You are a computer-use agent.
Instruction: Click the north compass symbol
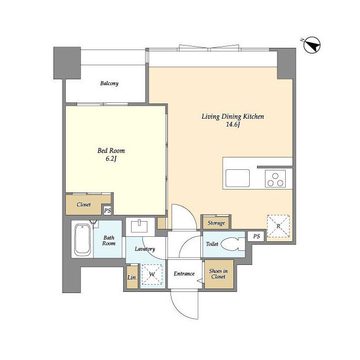pos(312,45)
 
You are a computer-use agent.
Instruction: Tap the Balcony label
pos(109,83)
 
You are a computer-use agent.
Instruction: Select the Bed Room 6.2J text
pos(111,155)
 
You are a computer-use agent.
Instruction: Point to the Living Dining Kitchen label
pos(233,116)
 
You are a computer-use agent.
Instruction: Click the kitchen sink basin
pos(237,178)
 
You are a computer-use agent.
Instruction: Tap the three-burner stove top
pos(275,179)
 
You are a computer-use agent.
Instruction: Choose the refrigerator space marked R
pos(278,226)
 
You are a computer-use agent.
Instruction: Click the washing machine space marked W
pos(152,274)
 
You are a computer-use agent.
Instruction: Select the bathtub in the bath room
pos(82,240)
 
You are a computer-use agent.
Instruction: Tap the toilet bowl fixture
pos(233,244)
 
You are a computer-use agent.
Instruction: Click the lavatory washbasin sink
pos(139,226)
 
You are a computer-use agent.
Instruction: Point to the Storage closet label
pos(216,223)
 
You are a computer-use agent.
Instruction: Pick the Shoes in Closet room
pos(219,274)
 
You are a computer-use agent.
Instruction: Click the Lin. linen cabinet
pos(132,277)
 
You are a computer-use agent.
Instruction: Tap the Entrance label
pos(184,273)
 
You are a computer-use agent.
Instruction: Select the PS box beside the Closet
pos(107,210)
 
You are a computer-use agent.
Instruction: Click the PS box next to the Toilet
pos(256,236)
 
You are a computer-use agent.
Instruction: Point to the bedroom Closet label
pos(84,205)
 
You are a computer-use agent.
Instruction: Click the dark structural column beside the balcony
pos(67,63)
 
